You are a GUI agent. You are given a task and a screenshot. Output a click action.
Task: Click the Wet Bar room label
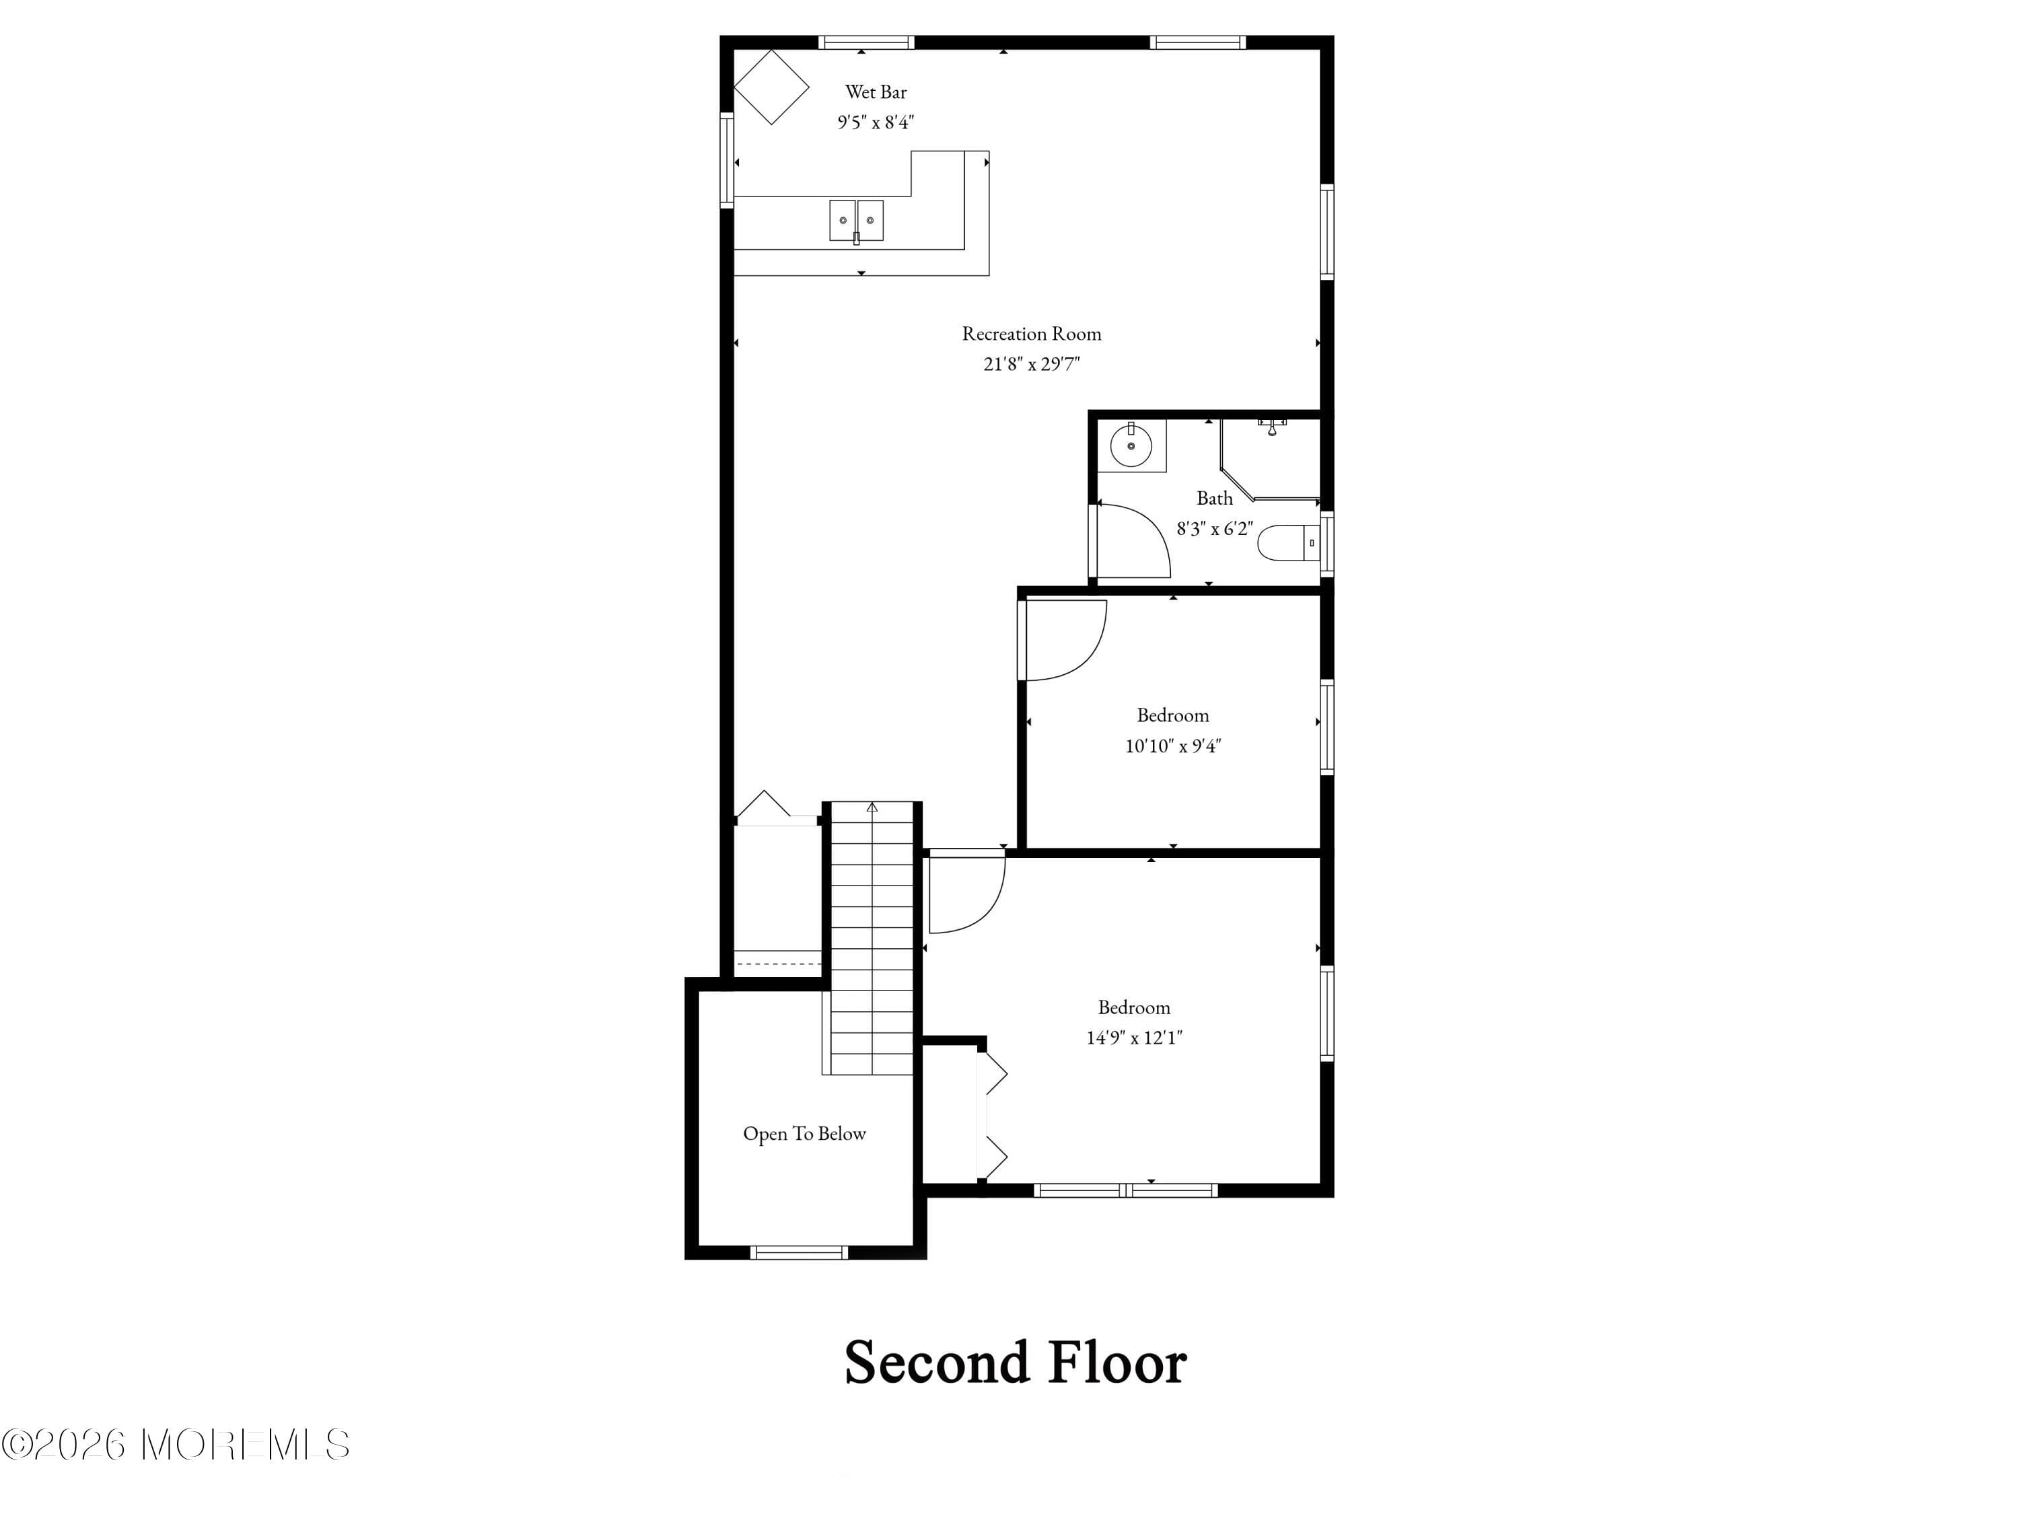(x=876, y=92)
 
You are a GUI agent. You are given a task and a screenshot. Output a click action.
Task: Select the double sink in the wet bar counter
(x=856, y=221)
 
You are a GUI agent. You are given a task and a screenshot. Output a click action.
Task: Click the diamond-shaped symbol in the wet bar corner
(x=771, y=87)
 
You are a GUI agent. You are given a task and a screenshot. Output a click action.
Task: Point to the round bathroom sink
(x=1130, y=446)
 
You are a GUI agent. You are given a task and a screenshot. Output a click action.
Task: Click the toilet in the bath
(x=1287, y=543)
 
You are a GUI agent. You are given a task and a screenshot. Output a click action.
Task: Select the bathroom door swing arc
(x=1137, y=540)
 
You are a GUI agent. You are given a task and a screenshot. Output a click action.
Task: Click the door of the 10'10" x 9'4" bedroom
(x=1063, y=641)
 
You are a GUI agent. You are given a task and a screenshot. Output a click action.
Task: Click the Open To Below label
(x=803, y=1133)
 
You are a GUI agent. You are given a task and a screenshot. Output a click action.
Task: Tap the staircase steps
(x=872, y=940)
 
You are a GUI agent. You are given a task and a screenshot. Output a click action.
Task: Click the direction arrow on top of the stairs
(x=872, y=807)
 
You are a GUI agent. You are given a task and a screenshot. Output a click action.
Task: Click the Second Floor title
(x=1014, y=1363)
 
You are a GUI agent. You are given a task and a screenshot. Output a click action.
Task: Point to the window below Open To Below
(x=799, y=1253)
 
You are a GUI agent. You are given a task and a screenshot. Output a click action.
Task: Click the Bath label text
(x=1214, y=499)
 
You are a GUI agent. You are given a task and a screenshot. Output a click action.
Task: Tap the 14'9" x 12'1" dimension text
(x=1133, y=1038)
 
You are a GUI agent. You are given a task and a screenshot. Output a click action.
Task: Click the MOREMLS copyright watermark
(x=175, y=1445)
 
